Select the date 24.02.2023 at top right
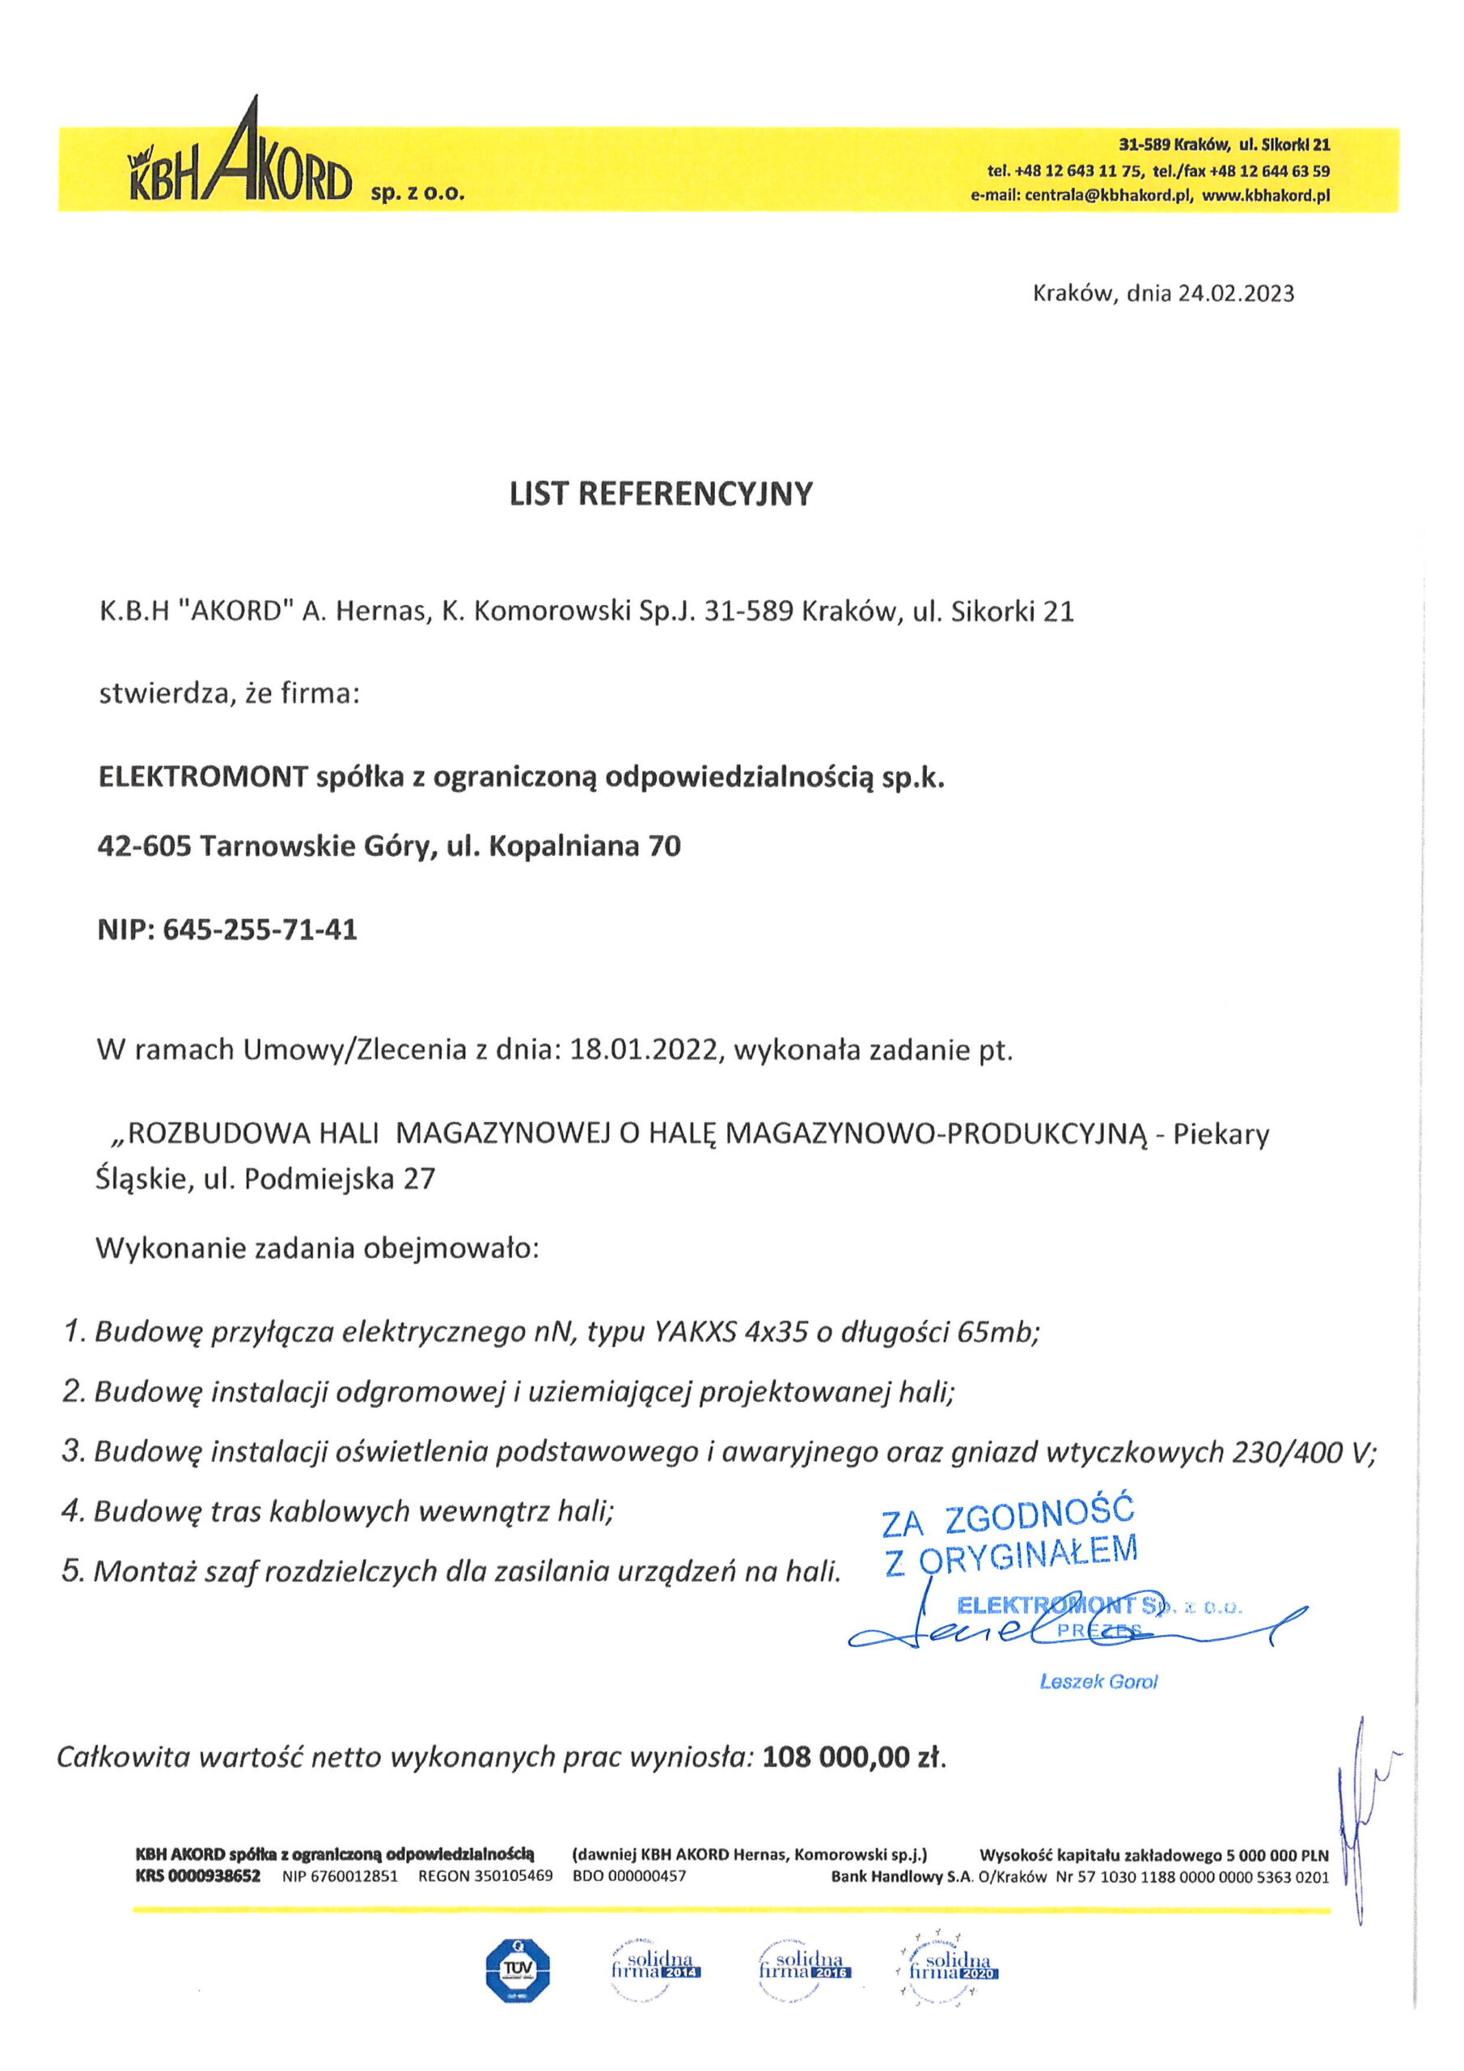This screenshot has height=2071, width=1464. (x=1236, y=293)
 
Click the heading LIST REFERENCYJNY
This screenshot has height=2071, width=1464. (x=660, y=494)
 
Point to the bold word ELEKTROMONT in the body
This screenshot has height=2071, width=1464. (x=203, y=777)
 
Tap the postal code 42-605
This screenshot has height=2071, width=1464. (x=143, y=846)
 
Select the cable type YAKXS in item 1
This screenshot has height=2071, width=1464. (x=687, y=1332)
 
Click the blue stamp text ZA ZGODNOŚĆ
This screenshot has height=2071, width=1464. (x=1008, y=1517)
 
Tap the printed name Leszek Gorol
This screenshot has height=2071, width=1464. (x=1098, y=1681)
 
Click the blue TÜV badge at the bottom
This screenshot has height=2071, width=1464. (x=517, y=1967)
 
